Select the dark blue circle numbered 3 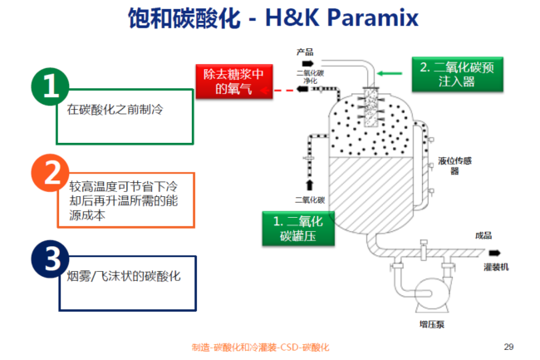coord(50,259)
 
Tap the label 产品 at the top coord(305,52)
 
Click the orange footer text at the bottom coord(260,346)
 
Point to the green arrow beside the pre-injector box coord(390,74)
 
